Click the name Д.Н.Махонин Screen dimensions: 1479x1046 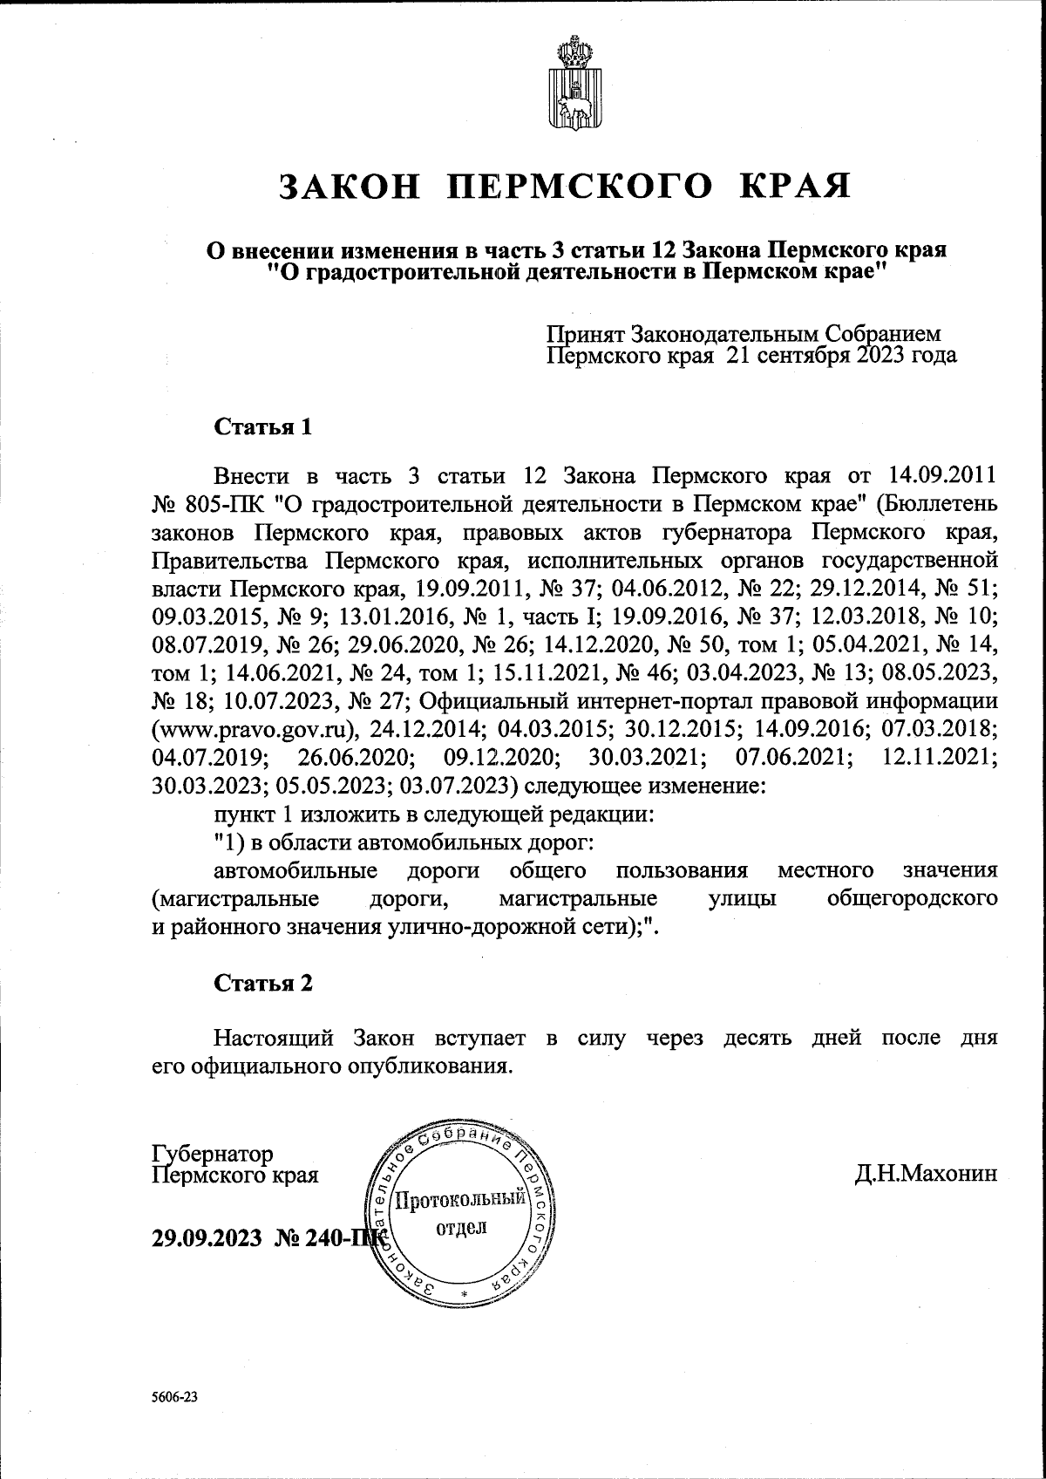926,1175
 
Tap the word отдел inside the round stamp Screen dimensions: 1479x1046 460,1228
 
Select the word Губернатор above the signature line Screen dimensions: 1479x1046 212,1154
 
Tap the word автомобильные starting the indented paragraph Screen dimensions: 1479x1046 295,870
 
